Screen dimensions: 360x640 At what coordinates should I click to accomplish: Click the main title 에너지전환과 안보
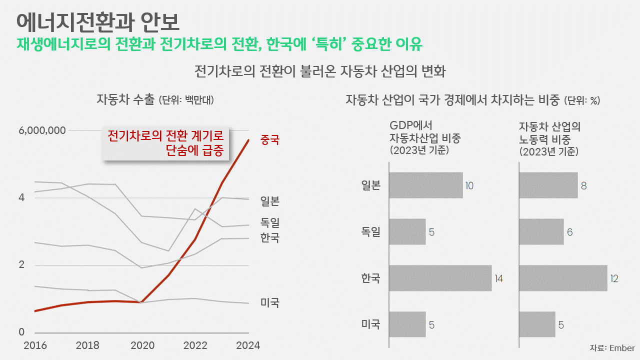click(97, 21)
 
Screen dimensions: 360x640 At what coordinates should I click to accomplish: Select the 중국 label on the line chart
click(270, 140)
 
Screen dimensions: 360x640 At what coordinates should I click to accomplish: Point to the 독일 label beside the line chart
click(270, 222)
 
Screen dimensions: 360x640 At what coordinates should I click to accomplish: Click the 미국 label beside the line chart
click(270, 302)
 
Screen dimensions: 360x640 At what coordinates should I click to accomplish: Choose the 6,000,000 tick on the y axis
click(42, 130)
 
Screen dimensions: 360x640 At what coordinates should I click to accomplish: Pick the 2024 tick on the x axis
click(248, 345)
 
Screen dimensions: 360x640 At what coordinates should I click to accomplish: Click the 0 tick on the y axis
click(21, 332)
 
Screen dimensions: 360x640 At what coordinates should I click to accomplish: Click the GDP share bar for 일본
click(425, 185)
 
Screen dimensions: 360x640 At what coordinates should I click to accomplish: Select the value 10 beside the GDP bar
click(469, 186)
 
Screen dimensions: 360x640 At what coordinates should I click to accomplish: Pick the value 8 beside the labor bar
click(584, 186)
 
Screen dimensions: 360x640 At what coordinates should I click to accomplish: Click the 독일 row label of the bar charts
click(370, 232)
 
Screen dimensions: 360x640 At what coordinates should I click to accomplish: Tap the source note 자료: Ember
click(612, 348)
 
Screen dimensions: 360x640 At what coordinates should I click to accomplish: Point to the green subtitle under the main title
click(219, 44)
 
